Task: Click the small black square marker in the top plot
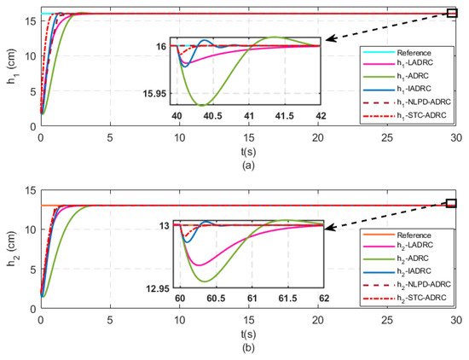click(x=452, y=13)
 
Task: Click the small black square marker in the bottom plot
click(x=452, y=203)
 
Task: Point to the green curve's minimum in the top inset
click(x=202, y=104)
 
